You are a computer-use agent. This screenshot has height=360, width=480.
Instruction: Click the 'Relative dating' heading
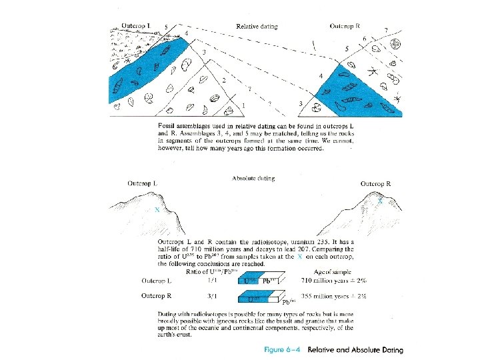[257, 27]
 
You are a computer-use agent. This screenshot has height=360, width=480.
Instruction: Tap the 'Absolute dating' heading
[253, 179]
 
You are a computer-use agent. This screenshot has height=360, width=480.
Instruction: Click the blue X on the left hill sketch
[157, 209]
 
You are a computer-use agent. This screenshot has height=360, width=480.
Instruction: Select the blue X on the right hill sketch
[380, 200]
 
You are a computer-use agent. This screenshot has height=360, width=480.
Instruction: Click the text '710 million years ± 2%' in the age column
[330, 281]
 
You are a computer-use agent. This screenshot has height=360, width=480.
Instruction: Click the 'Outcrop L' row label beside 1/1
[156, 281]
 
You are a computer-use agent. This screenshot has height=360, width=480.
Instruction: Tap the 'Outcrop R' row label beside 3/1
[156, 296]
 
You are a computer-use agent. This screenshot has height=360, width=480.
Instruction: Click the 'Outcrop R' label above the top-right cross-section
[345, 27]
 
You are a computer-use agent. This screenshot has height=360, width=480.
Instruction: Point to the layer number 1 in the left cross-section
[243, 105]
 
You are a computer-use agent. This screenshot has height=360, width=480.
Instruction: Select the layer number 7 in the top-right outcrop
[387, 31]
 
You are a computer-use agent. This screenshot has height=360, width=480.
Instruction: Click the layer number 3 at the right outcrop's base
[301, 103]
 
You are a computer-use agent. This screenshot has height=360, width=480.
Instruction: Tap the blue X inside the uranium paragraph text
[300, 257]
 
